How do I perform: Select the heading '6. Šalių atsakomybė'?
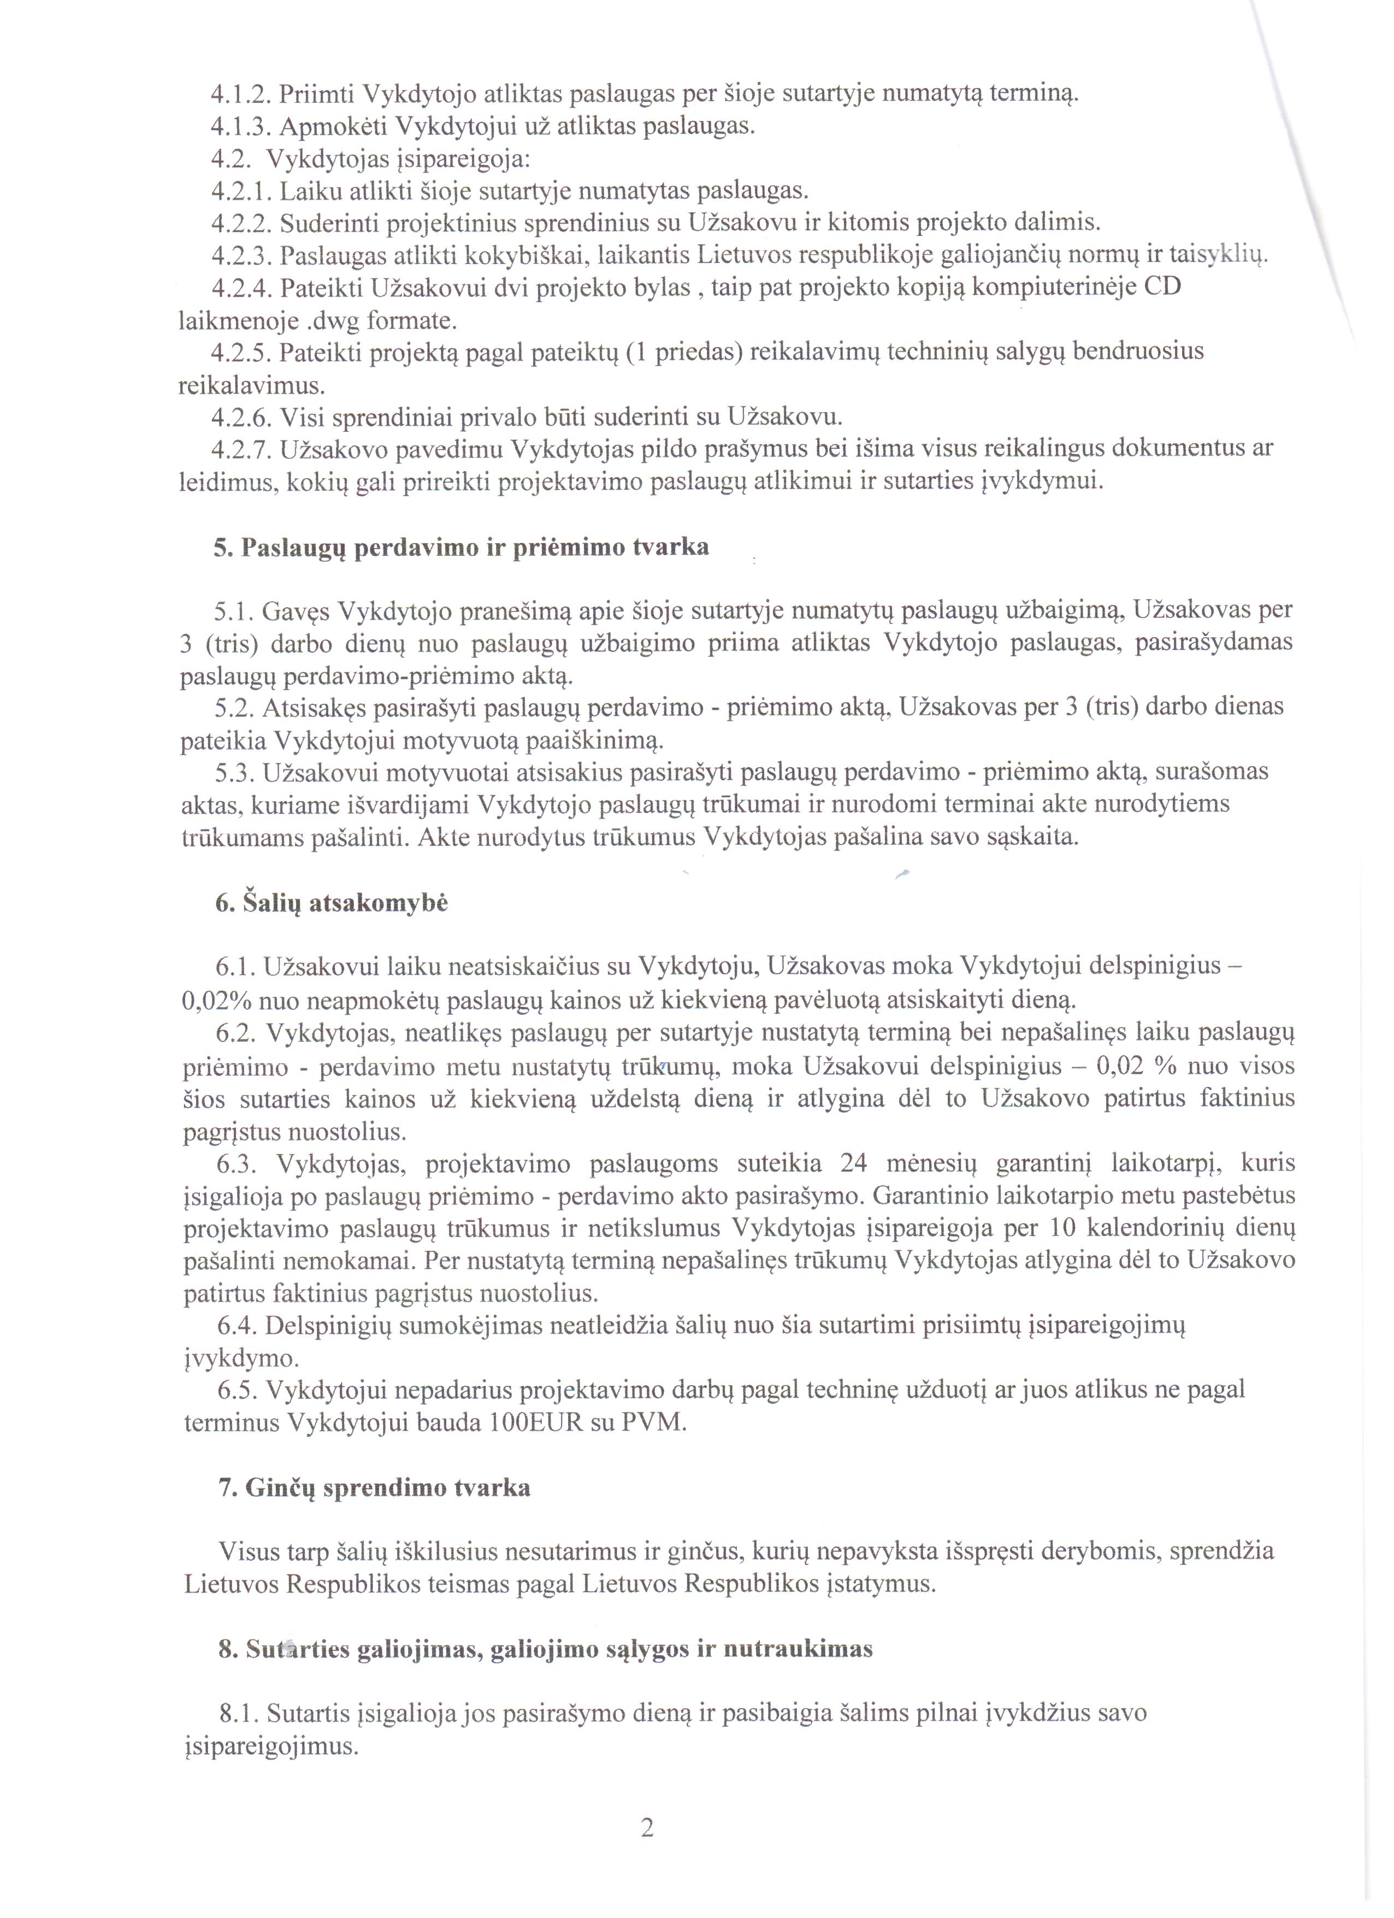click(330, 903)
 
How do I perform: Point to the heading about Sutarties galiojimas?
click(545, 1649)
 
